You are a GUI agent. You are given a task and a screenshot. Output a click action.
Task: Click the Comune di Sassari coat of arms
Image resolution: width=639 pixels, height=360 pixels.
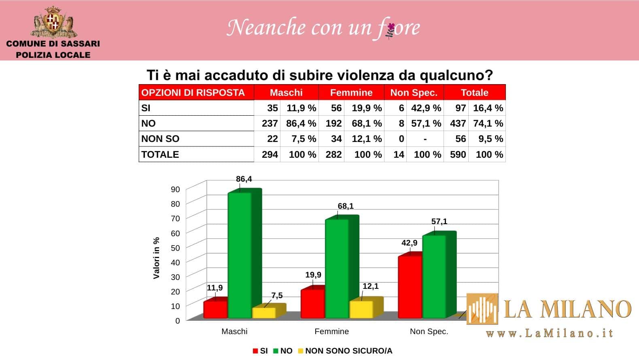click(53, 22)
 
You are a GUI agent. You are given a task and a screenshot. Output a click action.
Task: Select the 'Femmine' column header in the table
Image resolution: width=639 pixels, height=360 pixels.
click(351, 93)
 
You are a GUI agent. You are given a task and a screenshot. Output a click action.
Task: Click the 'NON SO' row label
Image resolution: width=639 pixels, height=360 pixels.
click(160, 139)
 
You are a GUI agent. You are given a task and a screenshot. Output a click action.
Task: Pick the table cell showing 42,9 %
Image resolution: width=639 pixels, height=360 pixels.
click(426, 108)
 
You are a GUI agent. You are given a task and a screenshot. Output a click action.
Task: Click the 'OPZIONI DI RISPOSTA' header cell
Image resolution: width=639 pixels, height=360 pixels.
click(193, 93)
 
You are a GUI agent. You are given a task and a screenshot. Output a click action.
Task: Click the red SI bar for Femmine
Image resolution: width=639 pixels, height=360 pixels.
click(312, 303)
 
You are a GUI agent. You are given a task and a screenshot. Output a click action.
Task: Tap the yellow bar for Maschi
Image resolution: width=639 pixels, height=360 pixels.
click(264, 313)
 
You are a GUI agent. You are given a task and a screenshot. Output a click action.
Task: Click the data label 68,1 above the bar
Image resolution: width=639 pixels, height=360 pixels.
click(346, 206)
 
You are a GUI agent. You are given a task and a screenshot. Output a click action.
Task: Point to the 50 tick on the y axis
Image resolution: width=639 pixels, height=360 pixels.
click(175, 248)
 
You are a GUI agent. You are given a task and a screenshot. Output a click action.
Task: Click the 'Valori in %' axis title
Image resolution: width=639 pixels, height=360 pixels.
click(157, 258)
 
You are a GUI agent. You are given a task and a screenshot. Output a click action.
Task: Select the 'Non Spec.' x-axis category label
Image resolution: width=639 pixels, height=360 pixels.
click(429, 331)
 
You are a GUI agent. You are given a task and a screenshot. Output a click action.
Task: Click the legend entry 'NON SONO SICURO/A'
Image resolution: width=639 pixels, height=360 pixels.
click(348, 351)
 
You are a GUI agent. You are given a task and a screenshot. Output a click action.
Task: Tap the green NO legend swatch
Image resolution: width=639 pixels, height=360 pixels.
click(276, 351)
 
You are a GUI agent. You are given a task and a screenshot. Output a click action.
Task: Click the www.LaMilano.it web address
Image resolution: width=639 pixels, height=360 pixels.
click(549, 333)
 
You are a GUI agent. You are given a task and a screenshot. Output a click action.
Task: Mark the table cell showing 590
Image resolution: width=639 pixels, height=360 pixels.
click(458, 155)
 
